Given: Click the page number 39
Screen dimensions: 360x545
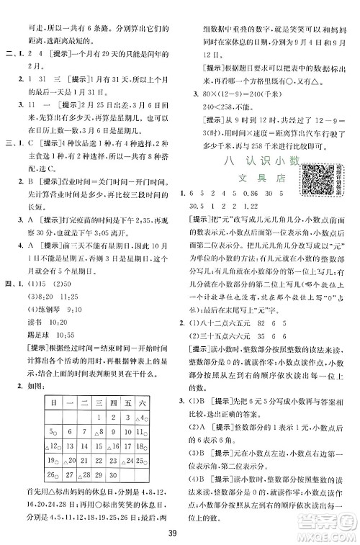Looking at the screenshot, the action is (x=180, y=532).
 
